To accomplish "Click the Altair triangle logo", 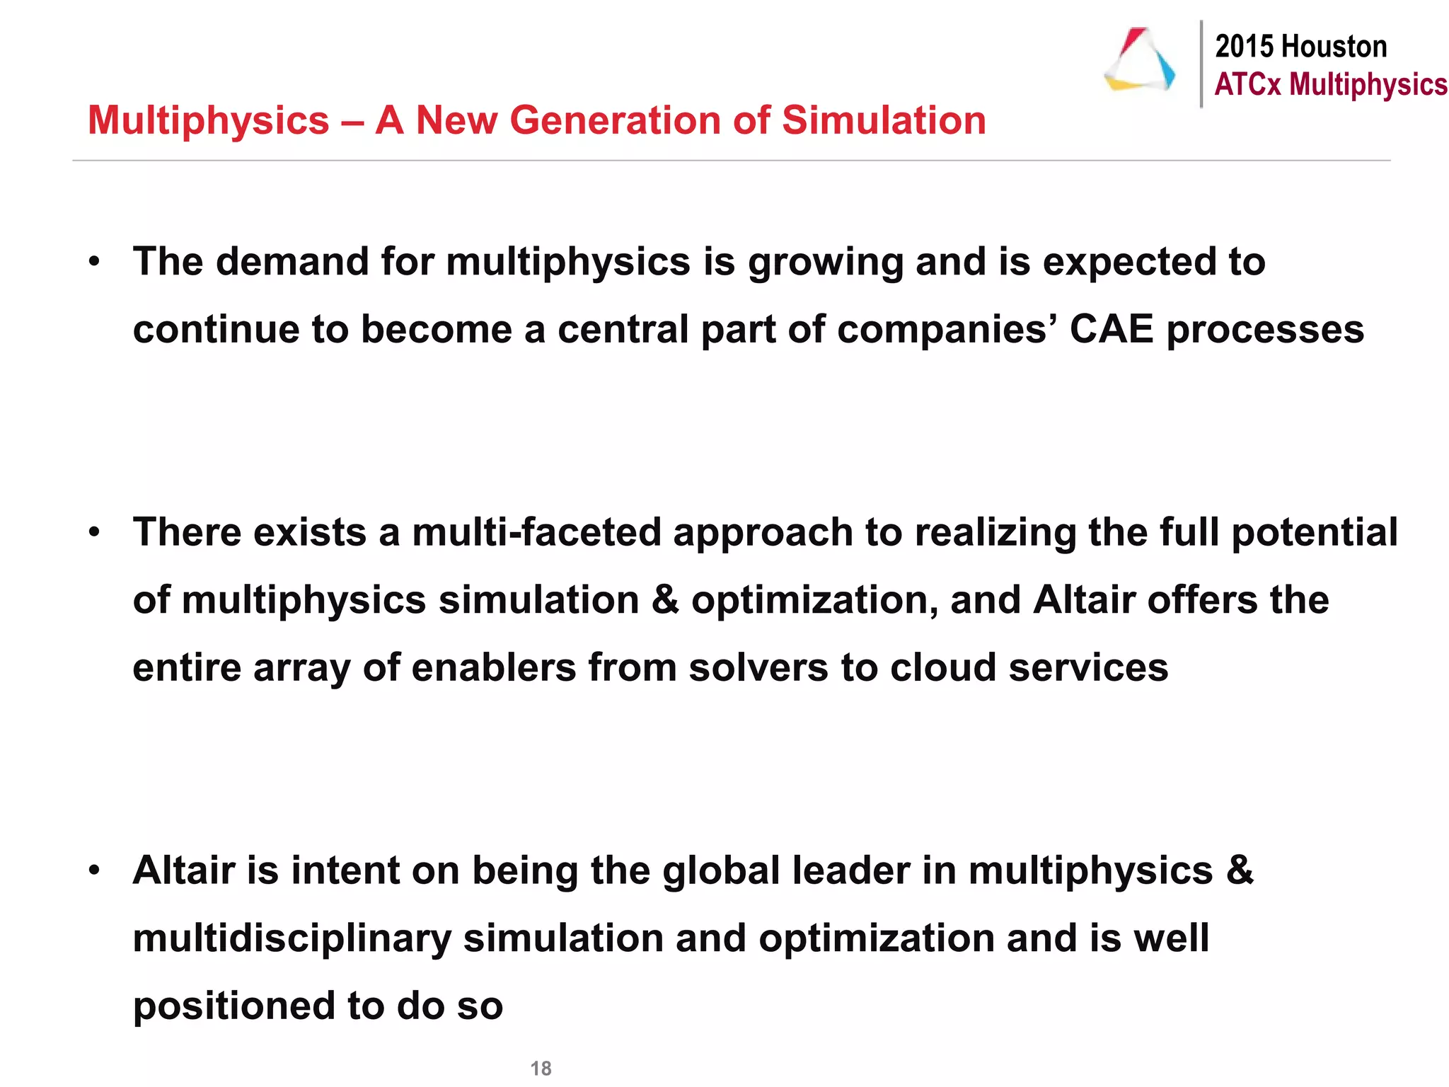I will click(1140, 61).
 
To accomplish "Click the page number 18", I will click(541, 1068).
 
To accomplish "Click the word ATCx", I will click(1247, 84).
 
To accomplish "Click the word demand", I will click(292, 262).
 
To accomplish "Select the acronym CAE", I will click(1112, 330).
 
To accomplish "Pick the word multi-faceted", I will click(537, 532).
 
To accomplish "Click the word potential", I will click(1315, 534).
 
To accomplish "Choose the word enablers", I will click(493, 668).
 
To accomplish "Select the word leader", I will click(851, 870).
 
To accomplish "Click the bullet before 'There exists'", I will click(95, 533).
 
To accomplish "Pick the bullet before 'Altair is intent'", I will click(95, 871).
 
